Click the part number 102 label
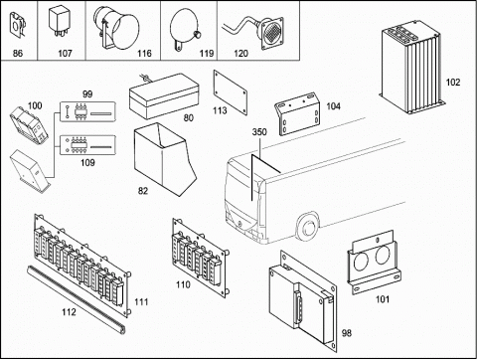coord(453,82)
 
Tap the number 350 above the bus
coord(259,132)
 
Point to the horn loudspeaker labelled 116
coord(116,28)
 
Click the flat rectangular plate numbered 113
coord(231,92)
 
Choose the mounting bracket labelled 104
coord(297,114)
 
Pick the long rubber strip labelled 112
coord(77,298)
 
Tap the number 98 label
coord(347,333)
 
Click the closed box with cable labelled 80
coord(164,96)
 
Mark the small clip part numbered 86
coord(17,25)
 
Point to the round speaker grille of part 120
coord(272,34)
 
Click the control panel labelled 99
coord(87,112)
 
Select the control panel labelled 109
coord(87,145)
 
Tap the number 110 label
coord(183,284)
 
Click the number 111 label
coord(141,302)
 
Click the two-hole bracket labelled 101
coord(374,262)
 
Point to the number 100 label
coord(35,105)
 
